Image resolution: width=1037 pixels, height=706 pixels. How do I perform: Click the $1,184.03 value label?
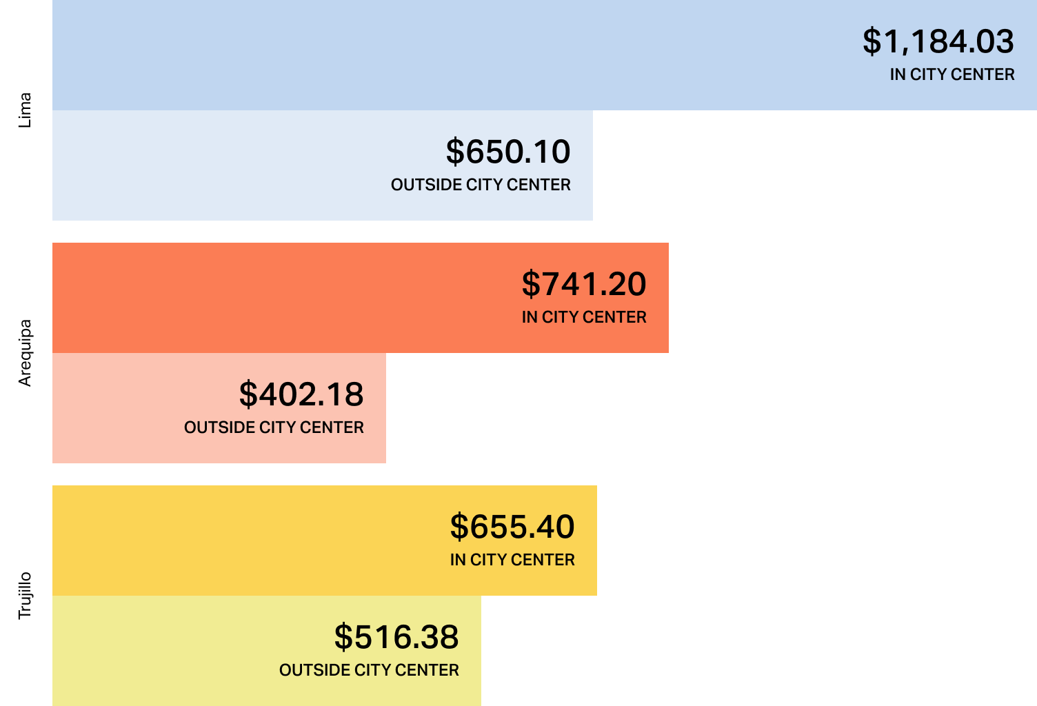938,41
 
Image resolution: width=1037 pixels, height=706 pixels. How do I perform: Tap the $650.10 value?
508,152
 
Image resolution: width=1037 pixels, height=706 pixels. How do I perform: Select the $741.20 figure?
584,284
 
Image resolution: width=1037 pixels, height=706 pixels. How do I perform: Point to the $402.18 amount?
301,394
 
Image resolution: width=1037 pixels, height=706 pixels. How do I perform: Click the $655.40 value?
512,527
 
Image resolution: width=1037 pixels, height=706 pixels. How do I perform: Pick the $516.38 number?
396,637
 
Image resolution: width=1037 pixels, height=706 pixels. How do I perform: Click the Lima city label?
26,110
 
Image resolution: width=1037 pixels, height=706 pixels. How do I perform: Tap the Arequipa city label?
26,353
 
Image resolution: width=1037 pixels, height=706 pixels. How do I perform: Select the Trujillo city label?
26,596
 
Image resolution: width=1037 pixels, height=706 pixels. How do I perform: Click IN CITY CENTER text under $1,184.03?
952,74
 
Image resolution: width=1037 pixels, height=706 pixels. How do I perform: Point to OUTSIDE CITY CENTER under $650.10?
481,185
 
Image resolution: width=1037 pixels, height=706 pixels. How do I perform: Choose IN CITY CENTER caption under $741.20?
584,317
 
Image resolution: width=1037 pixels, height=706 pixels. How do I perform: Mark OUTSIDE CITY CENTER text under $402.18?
274,427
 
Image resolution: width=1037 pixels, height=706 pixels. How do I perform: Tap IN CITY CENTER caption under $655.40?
512,560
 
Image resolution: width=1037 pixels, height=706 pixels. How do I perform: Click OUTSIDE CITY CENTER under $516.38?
369,670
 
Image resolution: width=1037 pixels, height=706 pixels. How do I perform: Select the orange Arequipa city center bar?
276,298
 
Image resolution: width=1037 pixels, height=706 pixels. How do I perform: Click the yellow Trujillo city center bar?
241,541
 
